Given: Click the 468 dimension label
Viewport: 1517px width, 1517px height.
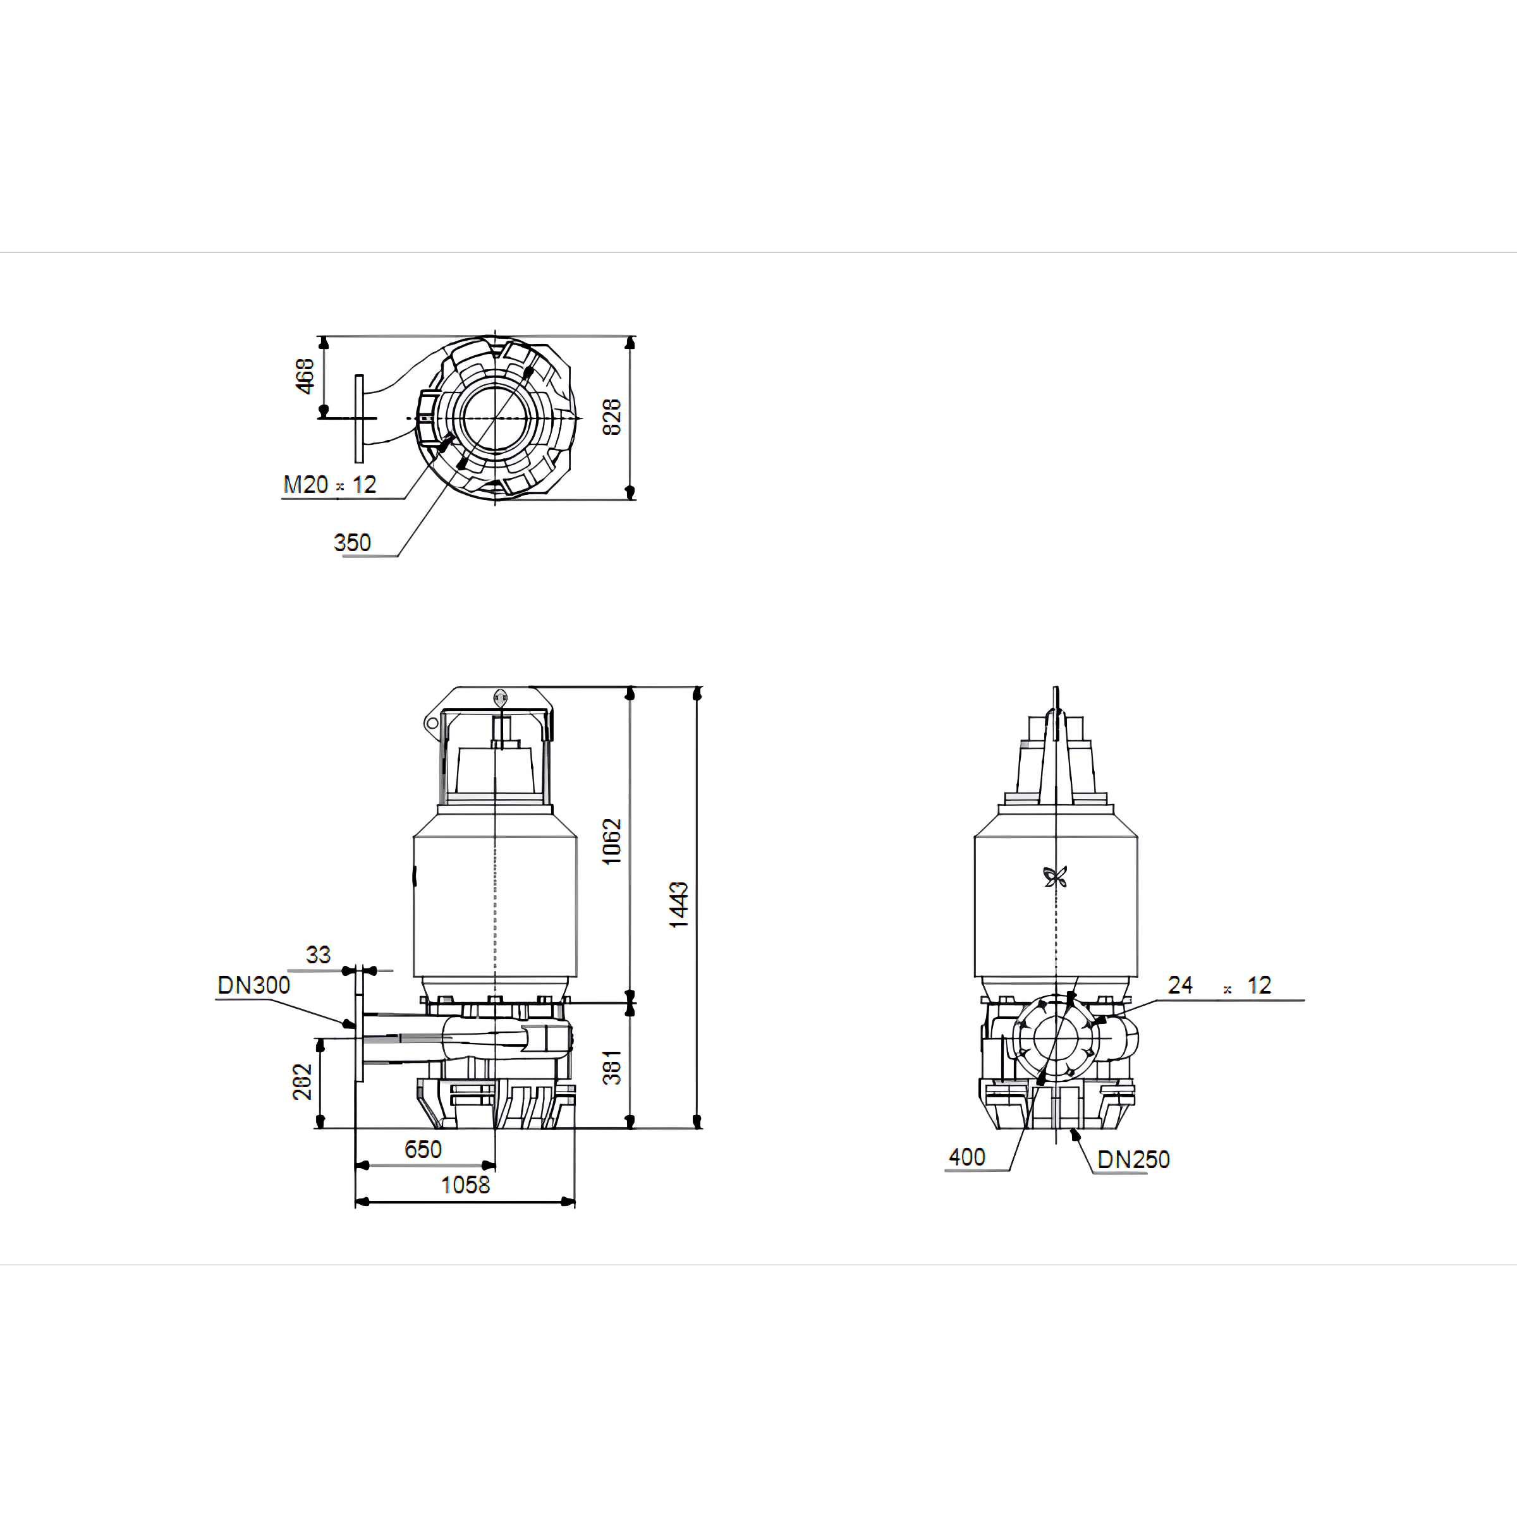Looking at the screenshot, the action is point(305,376).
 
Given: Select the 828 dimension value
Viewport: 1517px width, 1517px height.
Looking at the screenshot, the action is point(612,417).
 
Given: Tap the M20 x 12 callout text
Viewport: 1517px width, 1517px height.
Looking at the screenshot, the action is point(330,484).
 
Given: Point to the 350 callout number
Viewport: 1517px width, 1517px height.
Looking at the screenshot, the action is point(352,542).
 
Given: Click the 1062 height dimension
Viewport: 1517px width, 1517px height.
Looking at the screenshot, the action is point(612,842).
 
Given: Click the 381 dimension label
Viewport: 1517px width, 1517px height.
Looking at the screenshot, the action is point(612,1067).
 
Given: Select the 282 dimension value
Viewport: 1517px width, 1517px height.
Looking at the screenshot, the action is point(302,1082).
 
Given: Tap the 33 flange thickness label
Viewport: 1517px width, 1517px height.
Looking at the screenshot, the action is point(318,955).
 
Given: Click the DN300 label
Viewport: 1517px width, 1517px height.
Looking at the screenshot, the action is point(253,985).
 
